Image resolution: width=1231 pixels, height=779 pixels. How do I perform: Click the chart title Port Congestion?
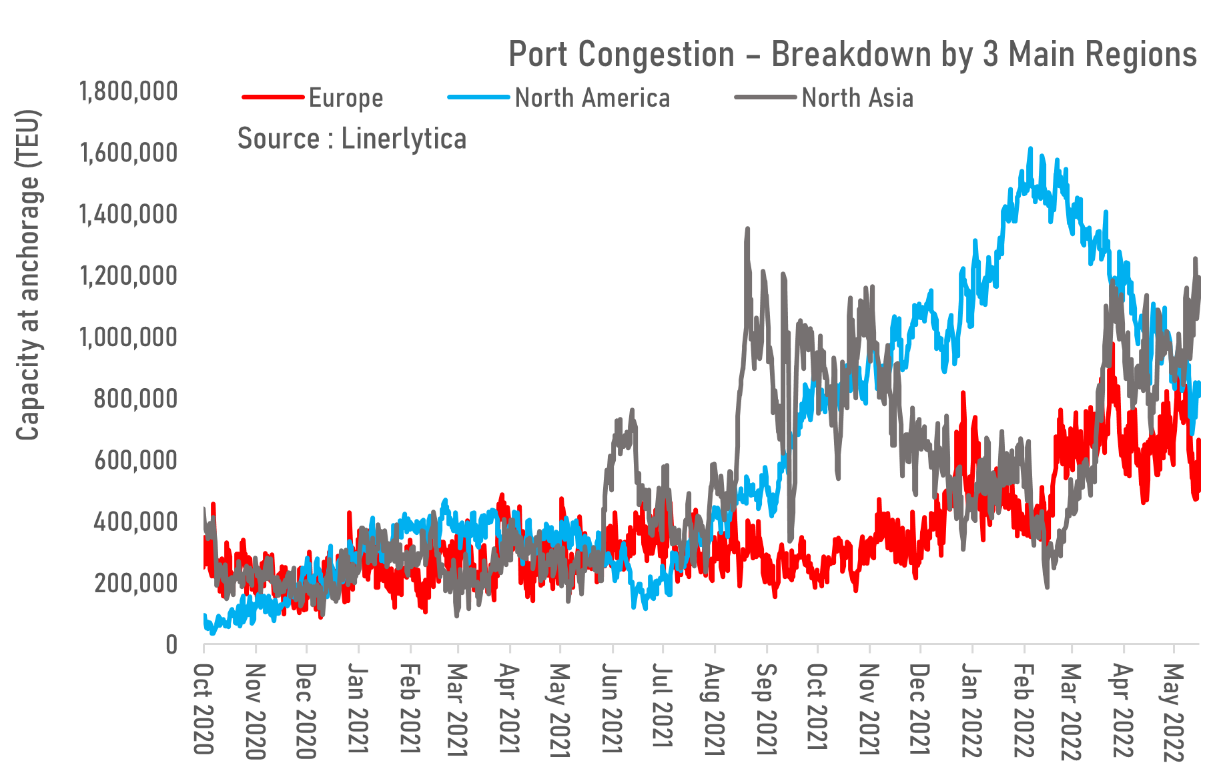[852, 54]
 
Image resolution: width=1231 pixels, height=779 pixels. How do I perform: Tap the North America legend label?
[592, 98]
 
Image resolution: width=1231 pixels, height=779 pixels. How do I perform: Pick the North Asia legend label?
[857, 98]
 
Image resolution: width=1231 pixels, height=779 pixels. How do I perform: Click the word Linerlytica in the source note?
[404, 139]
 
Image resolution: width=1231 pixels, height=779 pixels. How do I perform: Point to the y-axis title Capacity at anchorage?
[28, 275]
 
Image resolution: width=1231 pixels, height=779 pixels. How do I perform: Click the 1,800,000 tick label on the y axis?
[129, 91]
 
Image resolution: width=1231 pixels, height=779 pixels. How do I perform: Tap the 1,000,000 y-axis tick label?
[129, 337]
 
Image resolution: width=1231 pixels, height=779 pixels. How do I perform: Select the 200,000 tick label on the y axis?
[135, 584]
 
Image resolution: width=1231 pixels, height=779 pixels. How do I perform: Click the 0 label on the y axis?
[171, 645]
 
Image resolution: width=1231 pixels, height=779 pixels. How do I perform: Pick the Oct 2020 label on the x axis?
[203, 709]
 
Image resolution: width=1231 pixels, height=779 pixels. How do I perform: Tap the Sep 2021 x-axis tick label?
[767, 709]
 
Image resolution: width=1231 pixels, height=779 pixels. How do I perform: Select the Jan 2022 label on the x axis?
[972, 709]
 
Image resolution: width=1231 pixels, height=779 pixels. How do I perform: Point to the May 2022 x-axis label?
[1174, 712]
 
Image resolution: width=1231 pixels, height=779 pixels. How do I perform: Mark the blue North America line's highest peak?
[1031, 149]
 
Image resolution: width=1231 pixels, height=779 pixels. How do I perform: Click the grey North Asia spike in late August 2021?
[747, 229]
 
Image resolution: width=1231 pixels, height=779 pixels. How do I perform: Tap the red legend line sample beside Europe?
[273, 98]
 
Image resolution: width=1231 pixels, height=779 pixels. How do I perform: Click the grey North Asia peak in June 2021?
[631, 410]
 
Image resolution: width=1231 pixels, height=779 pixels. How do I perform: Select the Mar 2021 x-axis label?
[458, 709]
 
